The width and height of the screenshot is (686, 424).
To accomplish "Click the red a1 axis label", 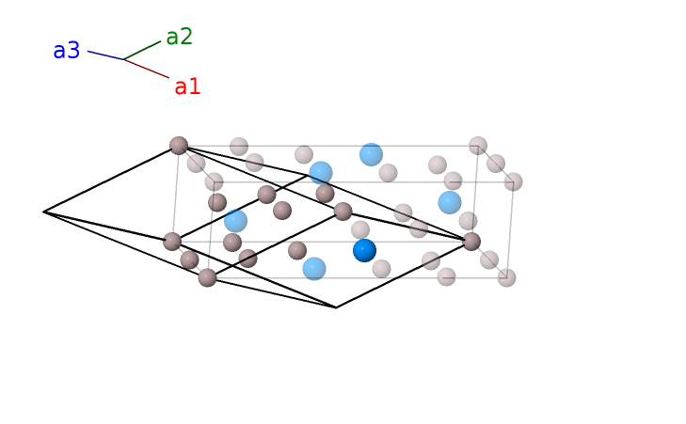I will click(187, 87).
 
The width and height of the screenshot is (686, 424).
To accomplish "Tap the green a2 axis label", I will click(179, 37).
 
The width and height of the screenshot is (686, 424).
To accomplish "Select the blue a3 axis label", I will click(66, 51).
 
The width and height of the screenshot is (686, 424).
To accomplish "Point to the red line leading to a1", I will click(148, 69).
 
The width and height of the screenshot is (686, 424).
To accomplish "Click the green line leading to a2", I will click(142, 50).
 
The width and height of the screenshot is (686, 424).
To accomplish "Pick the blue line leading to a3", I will click(104, 55).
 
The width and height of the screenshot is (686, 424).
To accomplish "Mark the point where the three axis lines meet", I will click(123, 59).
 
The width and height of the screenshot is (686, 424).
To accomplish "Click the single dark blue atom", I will click(364, 250).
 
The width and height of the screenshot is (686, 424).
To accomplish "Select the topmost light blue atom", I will click(371, 154).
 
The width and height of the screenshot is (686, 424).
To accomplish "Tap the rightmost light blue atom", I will click(450, 202).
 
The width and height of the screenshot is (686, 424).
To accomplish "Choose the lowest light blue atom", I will click(314, 269).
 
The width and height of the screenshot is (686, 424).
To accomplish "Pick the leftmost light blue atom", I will click(235, 221).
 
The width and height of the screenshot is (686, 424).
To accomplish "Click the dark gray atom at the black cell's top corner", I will click(179, 145).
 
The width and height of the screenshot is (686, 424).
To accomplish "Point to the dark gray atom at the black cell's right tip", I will click(471, 242).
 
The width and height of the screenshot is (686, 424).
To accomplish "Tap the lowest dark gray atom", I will click(207, 277).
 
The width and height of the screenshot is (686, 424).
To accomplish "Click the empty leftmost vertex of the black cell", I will click(44, 212).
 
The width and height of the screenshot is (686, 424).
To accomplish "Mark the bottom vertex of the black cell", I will click(336, 307).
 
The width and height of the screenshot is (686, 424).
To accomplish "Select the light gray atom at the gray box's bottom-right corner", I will click(506, 277).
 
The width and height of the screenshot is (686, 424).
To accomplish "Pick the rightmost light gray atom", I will click(513, 181).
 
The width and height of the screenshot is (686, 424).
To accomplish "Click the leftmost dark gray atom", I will click(172, 242).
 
